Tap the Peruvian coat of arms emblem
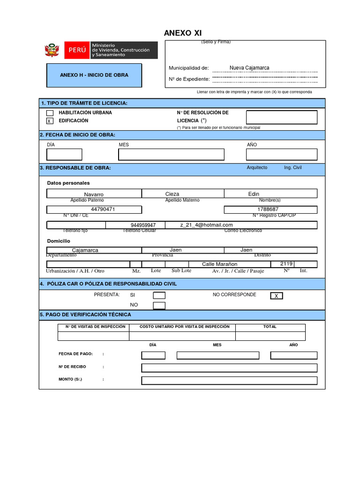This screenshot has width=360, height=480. [52, 50]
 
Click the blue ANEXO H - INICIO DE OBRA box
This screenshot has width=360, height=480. [94, 75]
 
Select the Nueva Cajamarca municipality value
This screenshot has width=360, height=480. [249, 68]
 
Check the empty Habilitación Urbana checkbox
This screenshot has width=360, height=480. [50, 113]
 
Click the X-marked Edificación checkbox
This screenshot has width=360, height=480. [50, 121]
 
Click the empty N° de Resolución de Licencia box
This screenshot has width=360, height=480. [282, 117]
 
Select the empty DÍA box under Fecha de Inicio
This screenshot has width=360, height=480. [64, 155]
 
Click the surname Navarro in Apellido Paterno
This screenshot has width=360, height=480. [94, 194]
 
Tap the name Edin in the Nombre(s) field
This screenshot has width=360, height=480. [254, 194]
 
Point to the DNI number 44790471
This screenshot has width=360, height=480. [103, 210]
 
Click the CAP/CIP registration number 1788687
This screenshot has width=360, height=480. [268, 210]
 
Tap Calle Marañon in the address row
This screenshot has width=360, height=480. [220, 264]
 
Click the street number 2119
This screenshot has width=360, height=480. [286, 264]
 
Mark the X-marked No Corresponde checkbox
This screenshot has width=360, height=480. [277, 296]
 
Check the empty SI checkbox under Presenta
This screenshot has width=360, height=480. [159, 295]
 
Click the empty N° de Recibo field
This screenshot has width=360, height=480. [229, 367]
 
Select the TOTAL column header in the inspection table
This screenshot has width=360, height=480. [270, 327]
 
